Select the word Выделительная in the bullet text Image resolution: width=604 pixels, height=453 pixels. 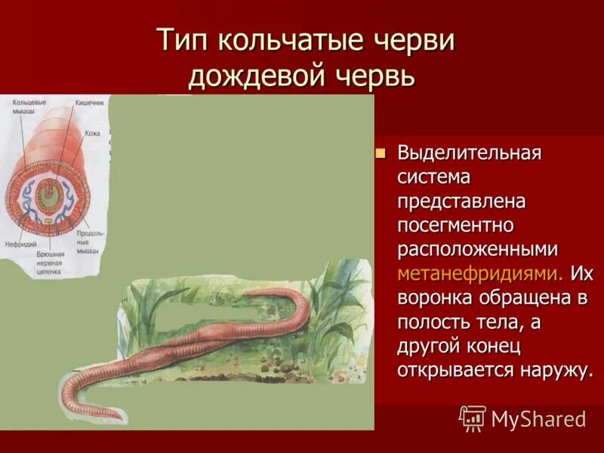tap(470, 153)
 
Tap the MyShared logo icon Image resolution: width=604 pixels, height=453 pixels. tap(473, 418)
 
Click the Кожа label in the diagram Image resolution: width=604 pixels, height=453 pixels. tap(92, 133)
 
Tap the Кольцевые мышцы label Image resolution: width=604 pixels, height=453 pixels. tap(25, 106)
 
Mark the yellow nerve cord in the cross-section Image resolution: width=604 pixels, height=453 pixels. tap(48, 221)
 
